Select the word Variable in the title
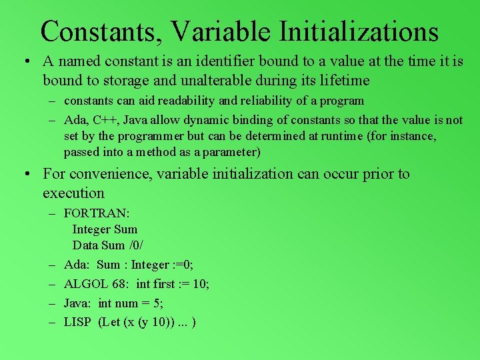click(x=220, y=31)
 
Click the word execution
click(x=73, y=193)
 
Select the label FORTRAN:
click(x=97, y=213)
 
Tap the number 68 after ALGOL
click(x=121, y=284)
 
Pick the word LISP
click(x=77, y=323)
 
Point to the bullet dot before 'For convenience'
click(x=24, y=175)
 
